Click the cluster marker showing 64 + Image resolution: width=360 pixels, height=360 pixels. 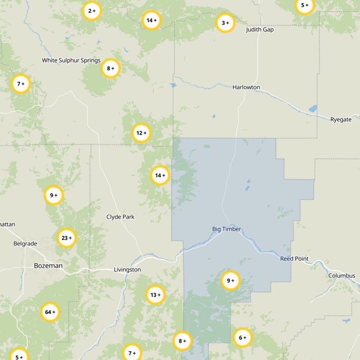(x=50, y=312)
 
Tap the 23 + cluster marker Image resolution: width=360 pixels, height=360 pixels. (x=67, y=238)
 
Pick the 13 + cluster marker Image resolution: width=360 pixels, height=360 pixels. (x=155, y=295)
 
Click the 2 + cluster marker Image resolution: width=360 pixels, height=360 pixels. (x=92, y=11)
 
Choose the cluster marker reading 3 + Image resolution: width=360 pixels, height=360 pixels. (x=225, y=23)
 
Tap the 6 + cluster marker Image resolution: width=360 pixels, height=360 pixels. (x=242, y=338)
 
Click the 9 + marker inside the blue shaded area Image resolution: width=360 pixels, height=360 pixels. (x=230, y=281)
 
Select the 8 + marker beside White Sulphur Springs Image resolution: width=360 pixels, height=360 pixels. (x=110, y=69)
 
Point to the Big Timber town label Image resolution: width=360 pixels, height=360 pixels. (x=227, y=229)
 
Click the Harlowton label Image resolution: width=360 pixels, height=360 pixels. (x=246, y=87)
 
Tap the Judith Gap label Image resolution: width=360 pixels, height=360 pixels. (x=260, y=30)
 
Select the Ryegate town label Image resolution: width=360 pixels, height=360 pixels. (x=341, y=120)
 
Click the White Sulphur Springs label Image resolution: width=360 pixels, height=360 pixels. (x=71, y=60)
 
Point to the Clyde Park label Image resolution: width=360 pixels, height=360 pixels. (x=120, y=217)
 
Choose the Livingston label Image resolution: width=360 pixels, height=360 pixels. (x=127, y=270)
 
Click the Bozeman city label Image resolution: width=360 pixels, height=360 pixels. (x=48, y=266)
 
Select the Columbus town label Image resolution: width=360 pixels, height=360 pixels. (x=342, y=276)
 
